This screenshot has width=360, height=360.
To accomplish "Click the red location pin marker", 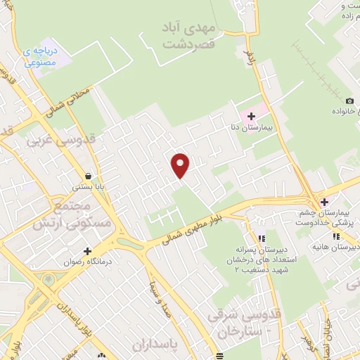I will point(181,165).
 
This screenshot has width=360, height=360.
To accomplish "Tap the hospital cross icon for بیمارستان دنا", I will point(250,115).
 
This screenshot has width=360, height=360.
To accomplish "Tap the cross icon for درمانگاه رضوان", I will point(87,251).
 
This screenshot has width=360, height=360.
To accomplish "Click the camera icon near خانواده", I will point(350,101).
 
